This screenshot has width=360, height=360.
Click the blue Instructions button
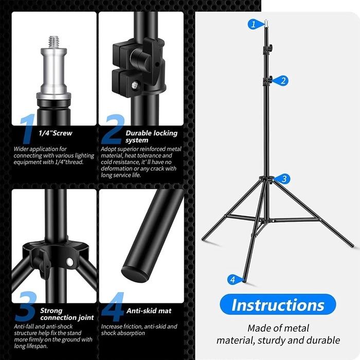tap(278, 304)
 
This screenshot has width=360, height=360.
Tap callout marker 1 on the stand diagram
tap(253, 24)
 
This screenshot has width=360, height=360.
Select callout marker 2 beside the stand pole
tap(283, 81)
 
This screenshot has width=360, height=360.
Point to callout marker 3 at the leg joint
tap(284, 179)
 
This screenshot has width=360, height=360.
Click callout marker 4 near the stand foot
tap(232, 280)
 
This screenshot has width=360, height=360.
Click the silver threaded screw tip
tap(53, 41)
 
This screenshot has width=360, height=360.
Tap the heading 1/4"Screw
tap(56, 133)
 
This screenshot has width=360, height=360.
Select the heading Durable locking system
tap(151, 136)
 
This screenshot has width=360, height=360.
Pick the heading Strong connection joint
tap(67, 314)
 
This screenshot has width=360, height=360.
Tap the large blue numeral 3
tap(24, 307)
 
